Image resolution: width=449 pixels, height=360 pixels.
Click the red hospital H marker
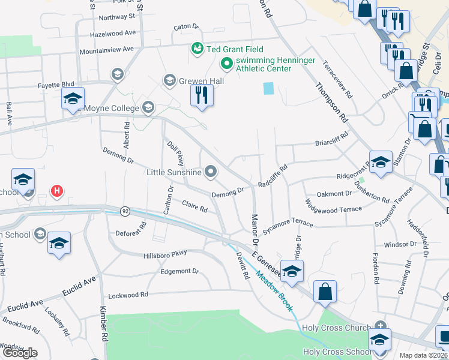(57, 191)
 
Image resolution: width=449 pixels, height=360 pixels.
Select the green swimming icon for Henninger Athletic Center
(226, 62)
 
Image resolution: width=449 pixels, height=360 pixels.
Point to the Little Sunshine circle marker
(210, 172)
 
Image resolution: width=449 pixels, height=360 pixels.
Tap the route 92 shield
(125, 211)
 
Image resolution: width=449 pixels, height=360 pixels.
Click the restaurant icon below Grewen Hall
(202, 96)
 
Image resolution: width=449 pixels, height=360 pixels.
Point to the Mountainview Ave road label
(107, 50)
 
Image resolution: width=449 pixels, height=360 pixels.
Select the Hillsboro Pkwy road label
(166, 255)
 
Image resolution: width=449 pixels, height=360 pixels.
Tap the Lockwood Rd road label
(128, 295)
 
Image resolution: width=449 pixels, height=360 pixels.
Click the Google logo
(20, 353)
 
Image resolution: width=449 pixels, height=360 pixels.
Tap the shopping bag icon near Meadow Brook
(325, 292)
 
